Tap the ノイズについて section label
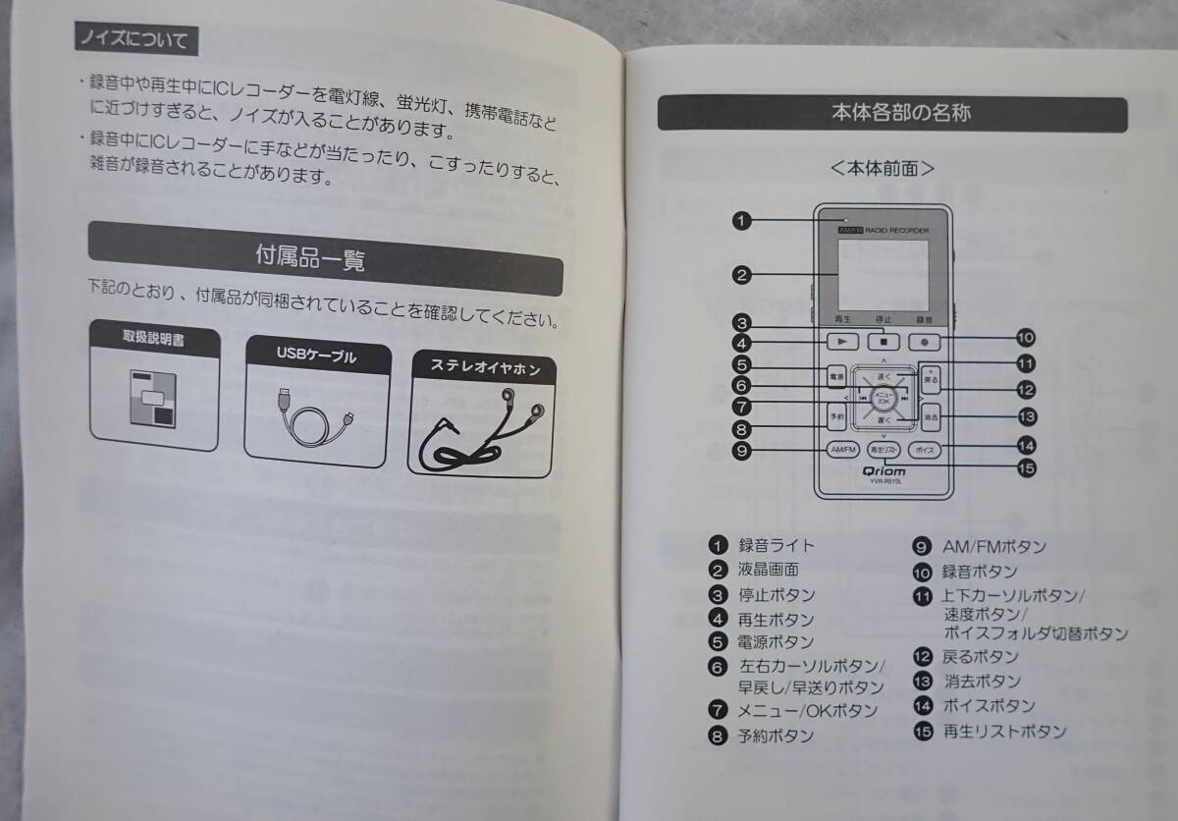(x=136, y=41)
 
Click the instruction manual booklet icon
(x=152, y=399)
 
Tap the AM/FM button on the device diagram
(x=842, y=449)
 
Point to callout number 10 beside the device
(x=1026, y=338)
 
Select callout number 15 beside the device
(x=1027, y=467)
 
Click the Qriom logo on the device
(x=884, y=470)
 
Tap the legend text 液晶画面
(x=768, y=570)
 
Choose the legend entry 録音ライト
(x=776, y=545)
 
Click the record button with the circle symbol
(x=924, y=342)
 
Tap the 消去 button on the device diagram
(x=931, y=416)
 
